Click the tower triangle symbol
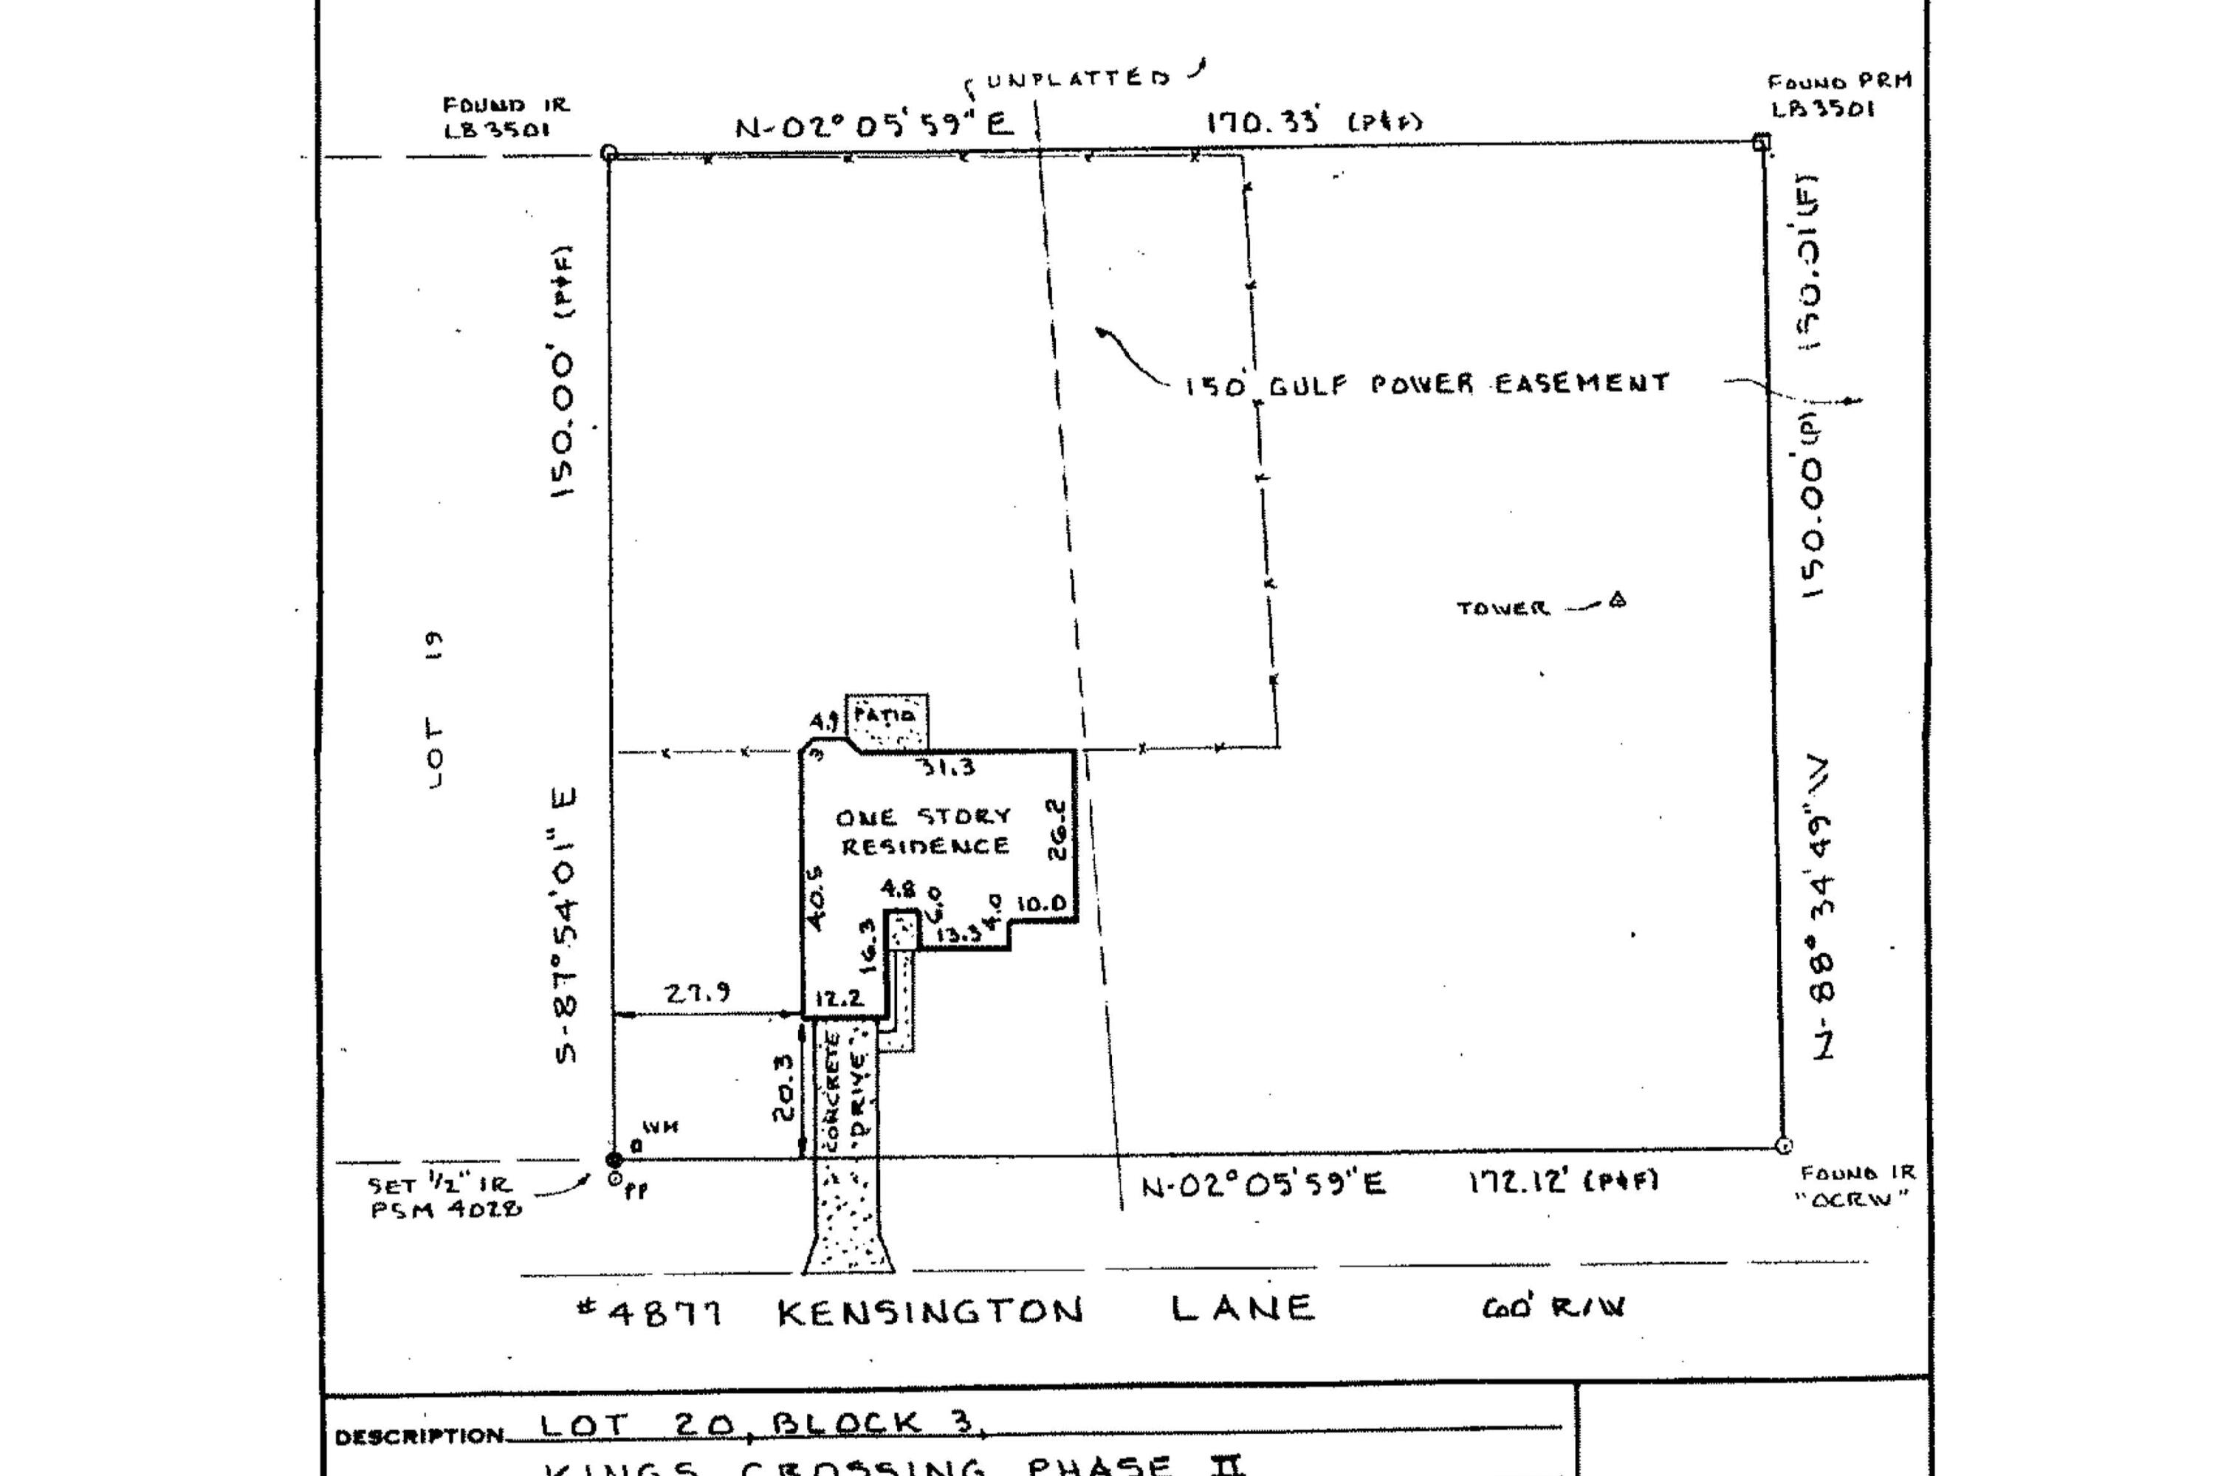click(1616, 600)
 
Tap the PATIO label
click(884, 715)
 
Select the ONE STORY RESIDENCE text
click(924, 831)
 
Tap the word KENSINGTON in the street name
click(930, 1311)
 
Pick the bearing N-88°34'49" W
click(1822, 907)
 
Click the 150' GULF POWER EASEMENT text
click(1426, 384)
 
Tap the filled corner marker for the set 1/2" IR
click(614, 1160)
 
